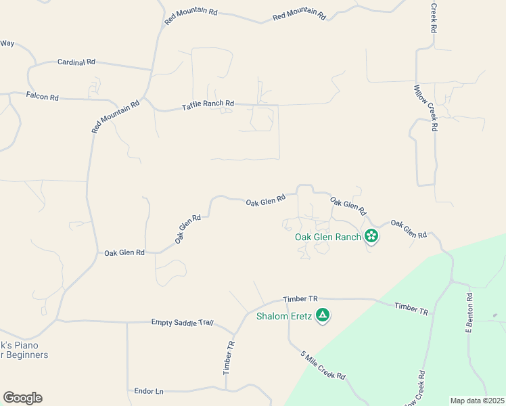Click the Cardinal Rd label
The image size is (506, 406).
(76, 62)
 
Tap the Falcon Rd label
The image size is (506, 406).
(43, 97)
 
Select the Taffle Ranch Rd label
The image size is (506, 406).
(208, 104)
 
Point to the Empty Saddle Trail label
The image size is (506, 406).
(182, 323)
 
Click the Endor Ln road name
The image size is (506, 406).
(149, 391)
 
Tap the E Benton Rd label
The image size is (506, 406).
(468, 314)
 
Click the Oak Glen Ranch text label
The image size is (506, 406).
(328, 237)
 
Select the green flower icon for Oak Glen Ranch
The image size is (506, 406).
(371, 236)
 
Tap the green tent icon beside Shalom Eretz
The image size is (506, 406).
(323, 315)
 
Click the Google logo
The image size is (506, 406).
(22, 398)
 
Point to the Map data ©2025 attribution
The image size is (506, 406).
(477, 401)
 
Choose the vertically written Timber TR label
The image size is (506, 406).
(229, 357)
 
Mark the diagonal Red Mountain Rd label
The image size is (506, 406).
(116, 116)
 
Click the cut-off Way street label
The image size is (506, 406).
(7, 43)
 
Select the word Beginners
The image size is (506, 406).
(28, 355)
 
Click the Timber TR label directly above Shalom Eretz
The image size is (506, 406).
(300, 298)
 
